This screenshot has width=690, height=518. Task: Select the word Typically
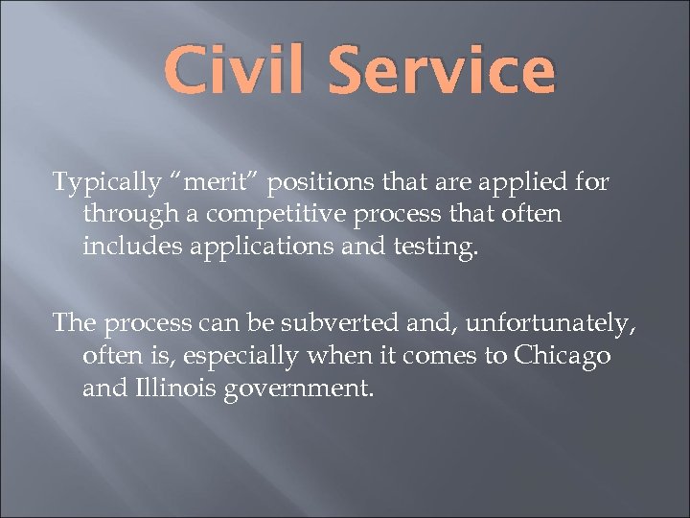(x=107, y=182)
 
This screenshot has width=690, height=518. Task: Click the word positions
(x=316, y=182)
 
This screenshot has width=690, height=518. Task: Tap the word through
(x=129, y=214)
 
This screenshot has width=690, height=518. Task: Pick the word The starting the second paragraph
(x=75, y=323)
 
